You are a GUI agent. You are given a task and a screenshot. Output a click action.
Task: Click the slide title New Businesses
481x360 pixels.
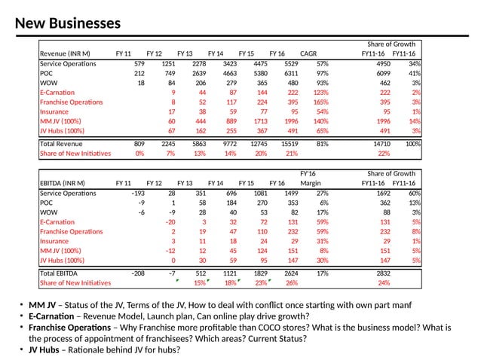68,23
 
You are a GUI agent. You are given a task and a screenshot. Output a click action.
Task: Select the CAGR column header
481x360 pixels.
308,53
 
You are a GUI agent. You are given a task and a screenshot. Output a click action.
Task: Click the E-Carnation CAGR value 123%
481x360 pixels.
320,92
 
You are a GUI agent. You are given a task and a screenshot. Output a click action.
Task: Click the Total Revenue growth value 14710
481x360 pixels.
381,142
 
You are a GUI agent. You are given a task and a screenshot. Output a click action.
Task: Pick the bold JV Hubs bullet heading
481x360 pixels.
46,349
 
